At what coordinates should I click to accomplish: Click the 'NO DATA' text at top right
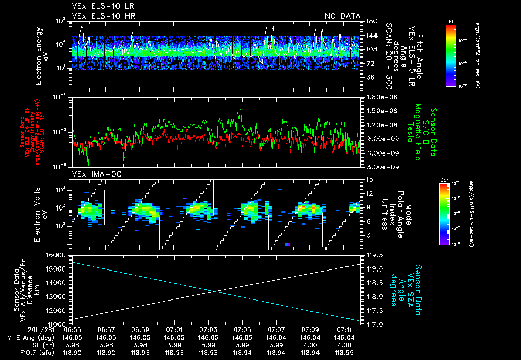[342, 16]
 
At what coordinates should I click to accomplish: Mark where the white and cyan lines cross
[216, 291]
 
